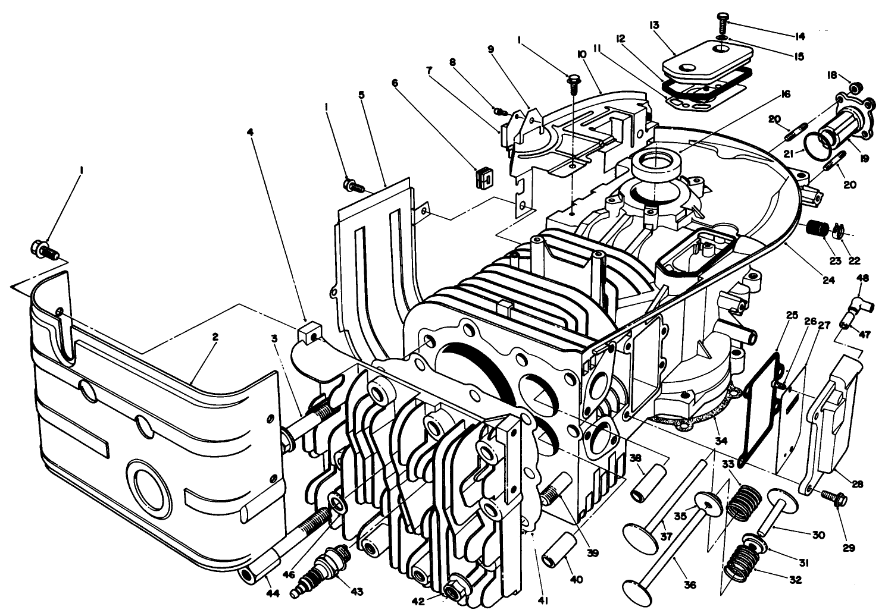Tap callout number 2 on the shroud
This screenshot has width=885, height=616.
point(215,337)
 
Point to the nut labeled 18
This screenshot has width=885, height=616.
point(855,88)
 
